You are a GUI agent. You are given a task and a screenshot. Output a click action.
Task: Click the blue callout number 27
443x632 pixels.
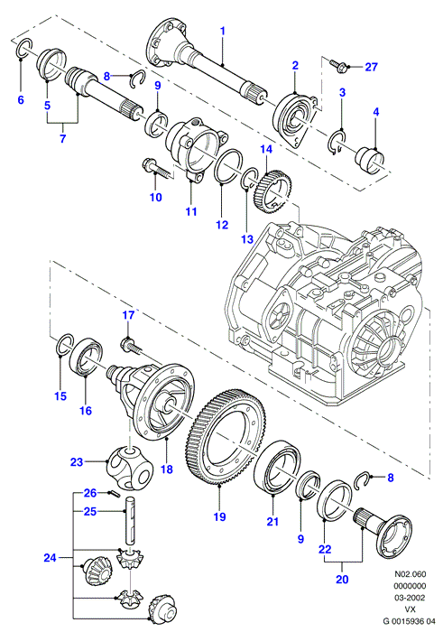[371, 67]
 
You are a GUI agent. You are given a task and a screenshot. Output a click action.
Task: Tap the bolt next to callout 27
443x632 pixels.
[337, 64]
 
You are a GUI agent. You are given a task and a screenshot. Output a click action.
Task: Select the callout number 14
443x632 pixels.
[266, 149]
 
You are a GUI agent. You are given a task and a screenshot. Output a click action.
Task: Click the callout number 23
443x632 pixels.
[77, 462]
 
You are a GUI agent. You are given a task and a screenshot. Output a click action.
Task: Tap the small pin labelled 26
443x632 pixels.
[114, 493]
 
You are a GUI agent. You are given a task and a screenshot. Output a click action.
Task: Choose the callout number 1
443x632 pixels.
[222, 31]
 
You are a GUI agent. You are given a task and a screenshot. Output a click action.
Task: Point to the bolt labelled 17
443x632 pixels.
[132, 344]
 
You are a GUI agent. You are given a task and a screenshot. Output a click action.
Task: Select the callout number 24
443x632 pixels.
[50, 558]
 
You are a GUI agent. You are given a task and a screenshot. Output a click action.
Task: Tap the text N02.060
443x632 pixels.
[410, 573]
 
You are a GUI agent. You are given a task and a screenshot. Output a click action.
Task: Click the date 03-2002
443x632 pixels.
[410, 598]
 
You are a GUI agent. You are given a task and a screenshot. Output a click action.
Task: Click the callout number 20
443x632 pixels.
[342, 580]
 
